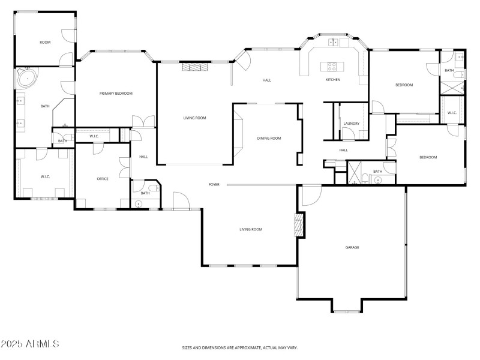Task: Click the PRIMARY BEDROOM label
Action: [116, 93]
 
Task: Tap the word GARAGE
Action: [352, 247]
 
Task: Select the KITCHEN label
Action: [333, 80]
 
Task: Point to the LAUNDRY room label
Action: [351, 124]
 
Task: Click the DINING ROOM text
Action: [269, 138]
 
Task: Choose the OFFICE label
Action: [103, 179]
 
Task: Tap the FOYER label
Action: [214, 184]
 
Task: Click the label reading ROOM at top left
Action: [45, 42]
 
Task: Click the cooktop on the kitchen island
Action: [332, 65]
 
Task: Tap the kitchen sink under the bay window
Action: [334, 42]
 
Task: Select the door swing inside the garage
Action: [311, 196]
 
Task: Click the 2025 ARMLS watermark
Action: [30, 344]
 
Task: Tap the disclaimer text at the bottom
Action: [240, 347]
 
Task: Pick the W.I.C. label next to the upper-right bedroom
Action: [452, 113]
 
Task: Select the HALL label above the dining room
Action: [267, 80]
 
